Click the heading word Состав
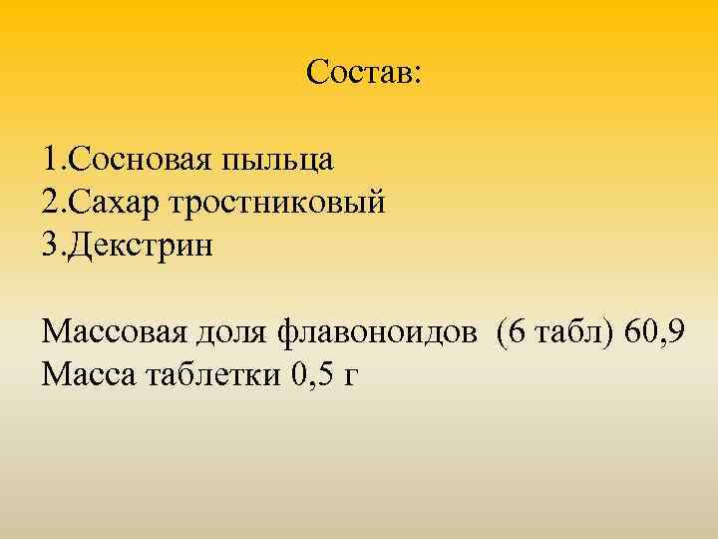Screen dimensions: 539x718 (359, 72)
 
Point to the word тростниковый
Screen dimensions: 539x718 (279, 205)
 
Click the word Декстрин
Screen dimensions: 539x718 (140, 246)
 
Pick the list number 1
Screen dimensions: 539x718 (50, 159)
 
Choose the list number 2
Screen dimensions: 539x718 (51, 203)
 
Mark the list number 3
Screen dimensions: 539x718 (51, 246)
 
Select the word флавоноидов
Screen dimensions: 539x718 (374, 332)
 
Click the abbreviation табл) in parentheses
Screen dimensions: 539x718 (572, 332)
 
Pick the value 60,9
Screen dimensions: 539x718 (653, 332)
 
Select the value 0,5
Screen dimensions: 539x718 (312, 376)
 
